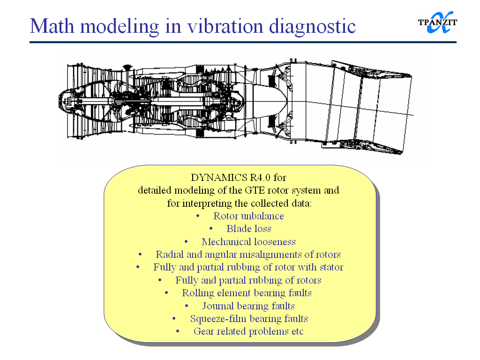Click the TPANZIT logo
(437, 22)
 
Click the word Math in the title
(52, 26)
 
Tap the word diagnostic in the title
(313, 27)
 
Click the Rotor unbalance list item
(248, 216)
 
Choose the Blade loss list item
(249, 229)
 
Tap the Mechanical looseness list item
(248, 242)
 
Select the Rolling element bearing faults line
(247, 293)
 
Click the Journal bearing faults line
(248, 306)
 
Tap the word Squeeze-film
(214, 319)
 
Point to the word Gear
(202, 331)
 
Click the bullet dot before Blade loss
(211, 229)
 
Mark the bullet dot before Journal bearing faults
(187, 306)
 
